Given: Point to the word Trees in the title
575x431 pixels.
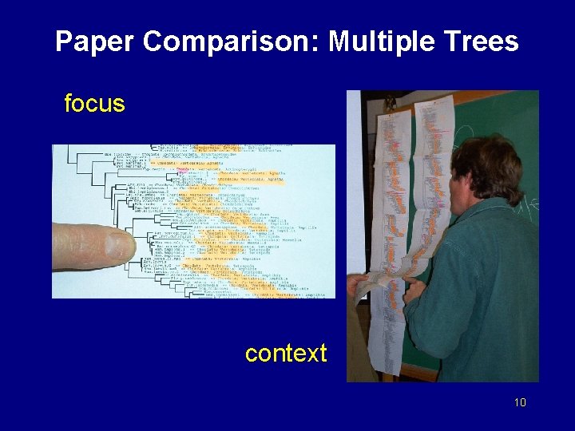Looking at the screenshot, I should tap(482, 42).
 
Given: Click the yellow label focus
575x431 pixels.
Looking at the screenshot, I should tap(94, 104).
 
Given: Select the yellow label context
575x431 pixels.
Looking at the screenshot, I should tap(286, 353).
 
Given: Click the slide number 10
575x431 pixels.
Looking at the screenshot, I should tap(520, 402).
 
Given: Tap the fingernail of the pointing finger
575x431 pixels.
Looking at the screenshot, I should tap(120, 245).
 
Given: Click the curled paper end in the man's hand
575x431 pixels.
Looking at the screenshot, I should tap(382, 283).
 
